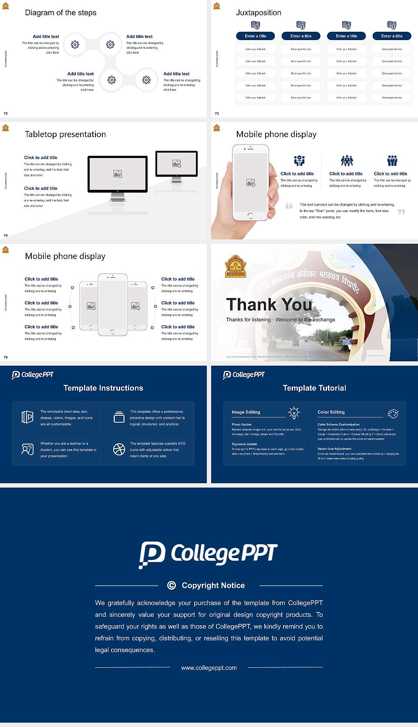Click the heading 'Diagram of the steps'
tap(61, 13)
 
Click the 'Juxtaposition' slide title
tap(258, 13)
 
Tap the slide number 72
tap(6, 113)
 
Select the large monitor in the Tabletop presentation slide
tap(118, 174)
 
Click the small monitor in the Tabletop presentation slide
tap(176, 164)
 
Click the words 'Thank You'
tap(269, 305)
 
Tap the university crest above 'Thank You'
tap(236, 266)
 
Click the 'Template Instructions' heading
tap(103, 388)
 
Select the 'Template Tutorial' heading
tap(314, 388)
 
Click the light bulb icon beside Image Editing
tap(294, 413)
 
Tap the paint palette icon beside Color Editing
tap(393, 413)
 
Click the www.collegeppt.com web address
tap(209, 668)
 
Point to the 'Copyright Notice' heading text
tap(213, 586)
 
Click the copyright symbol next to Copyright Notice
tap(172, 586)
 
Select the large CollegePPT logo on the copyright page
tap(208, 554)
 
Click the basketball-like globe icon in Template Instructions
tap(119, 449)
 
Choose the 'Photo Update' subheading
tap(241, 424)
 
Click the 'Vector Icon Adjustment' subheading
tap(334, 448)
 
